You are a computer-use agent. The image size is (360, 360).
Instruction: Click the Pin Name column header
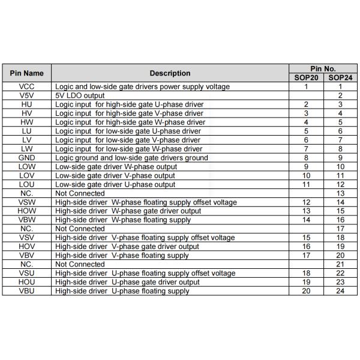tap(27, 73)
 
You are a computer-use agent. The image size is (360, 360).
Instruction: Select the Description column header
tap(170, 73)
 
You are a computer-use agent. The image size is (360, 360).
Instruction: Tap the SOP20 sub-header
tap(306, 77)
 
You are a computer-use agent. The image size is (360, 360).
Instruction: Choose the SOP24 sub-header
tap(340, 77)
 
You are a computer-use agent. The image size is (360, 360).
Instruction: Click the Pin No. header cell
tap(323, 68)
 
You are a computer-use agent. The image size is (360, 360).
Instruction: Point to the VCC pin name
tap(27, 86)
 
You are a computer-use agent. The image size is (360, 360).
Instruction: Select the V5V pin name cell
tap(27, 95)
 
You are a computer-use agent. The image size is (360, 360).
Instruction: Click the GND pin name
tap(27, 158)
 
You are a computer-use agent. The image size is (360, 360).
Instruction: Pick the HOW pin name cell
tap(27, 211)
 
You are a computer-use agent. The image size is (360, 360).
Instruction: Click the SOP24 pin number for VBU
tap(340, 291)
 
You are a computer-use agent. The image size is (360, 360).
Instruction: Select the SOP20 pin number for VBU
tap(306, 291)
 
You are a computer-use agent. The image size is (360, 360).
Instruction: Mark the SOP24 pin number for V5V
tap(340, 95)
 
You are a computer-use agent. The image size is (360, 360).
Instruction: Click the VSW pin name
tap(27, 202)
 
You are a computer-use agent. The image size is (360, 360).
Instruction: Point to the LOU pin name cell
tap(27, 184)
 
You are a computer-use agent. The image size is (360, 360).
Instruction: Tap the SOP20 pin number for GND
tap(306, 158)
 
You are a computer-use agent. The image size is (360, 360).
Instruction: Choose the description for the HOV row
tap(127, 247)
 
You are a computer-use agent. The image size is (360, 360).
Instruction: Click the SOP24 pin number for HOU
tap(340, 282)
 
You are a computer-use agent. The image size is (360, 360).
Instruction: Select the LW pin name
tap(27, 149)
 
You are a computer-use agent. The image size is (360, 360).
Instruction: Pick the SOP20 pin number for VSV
tap(306, 238)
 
